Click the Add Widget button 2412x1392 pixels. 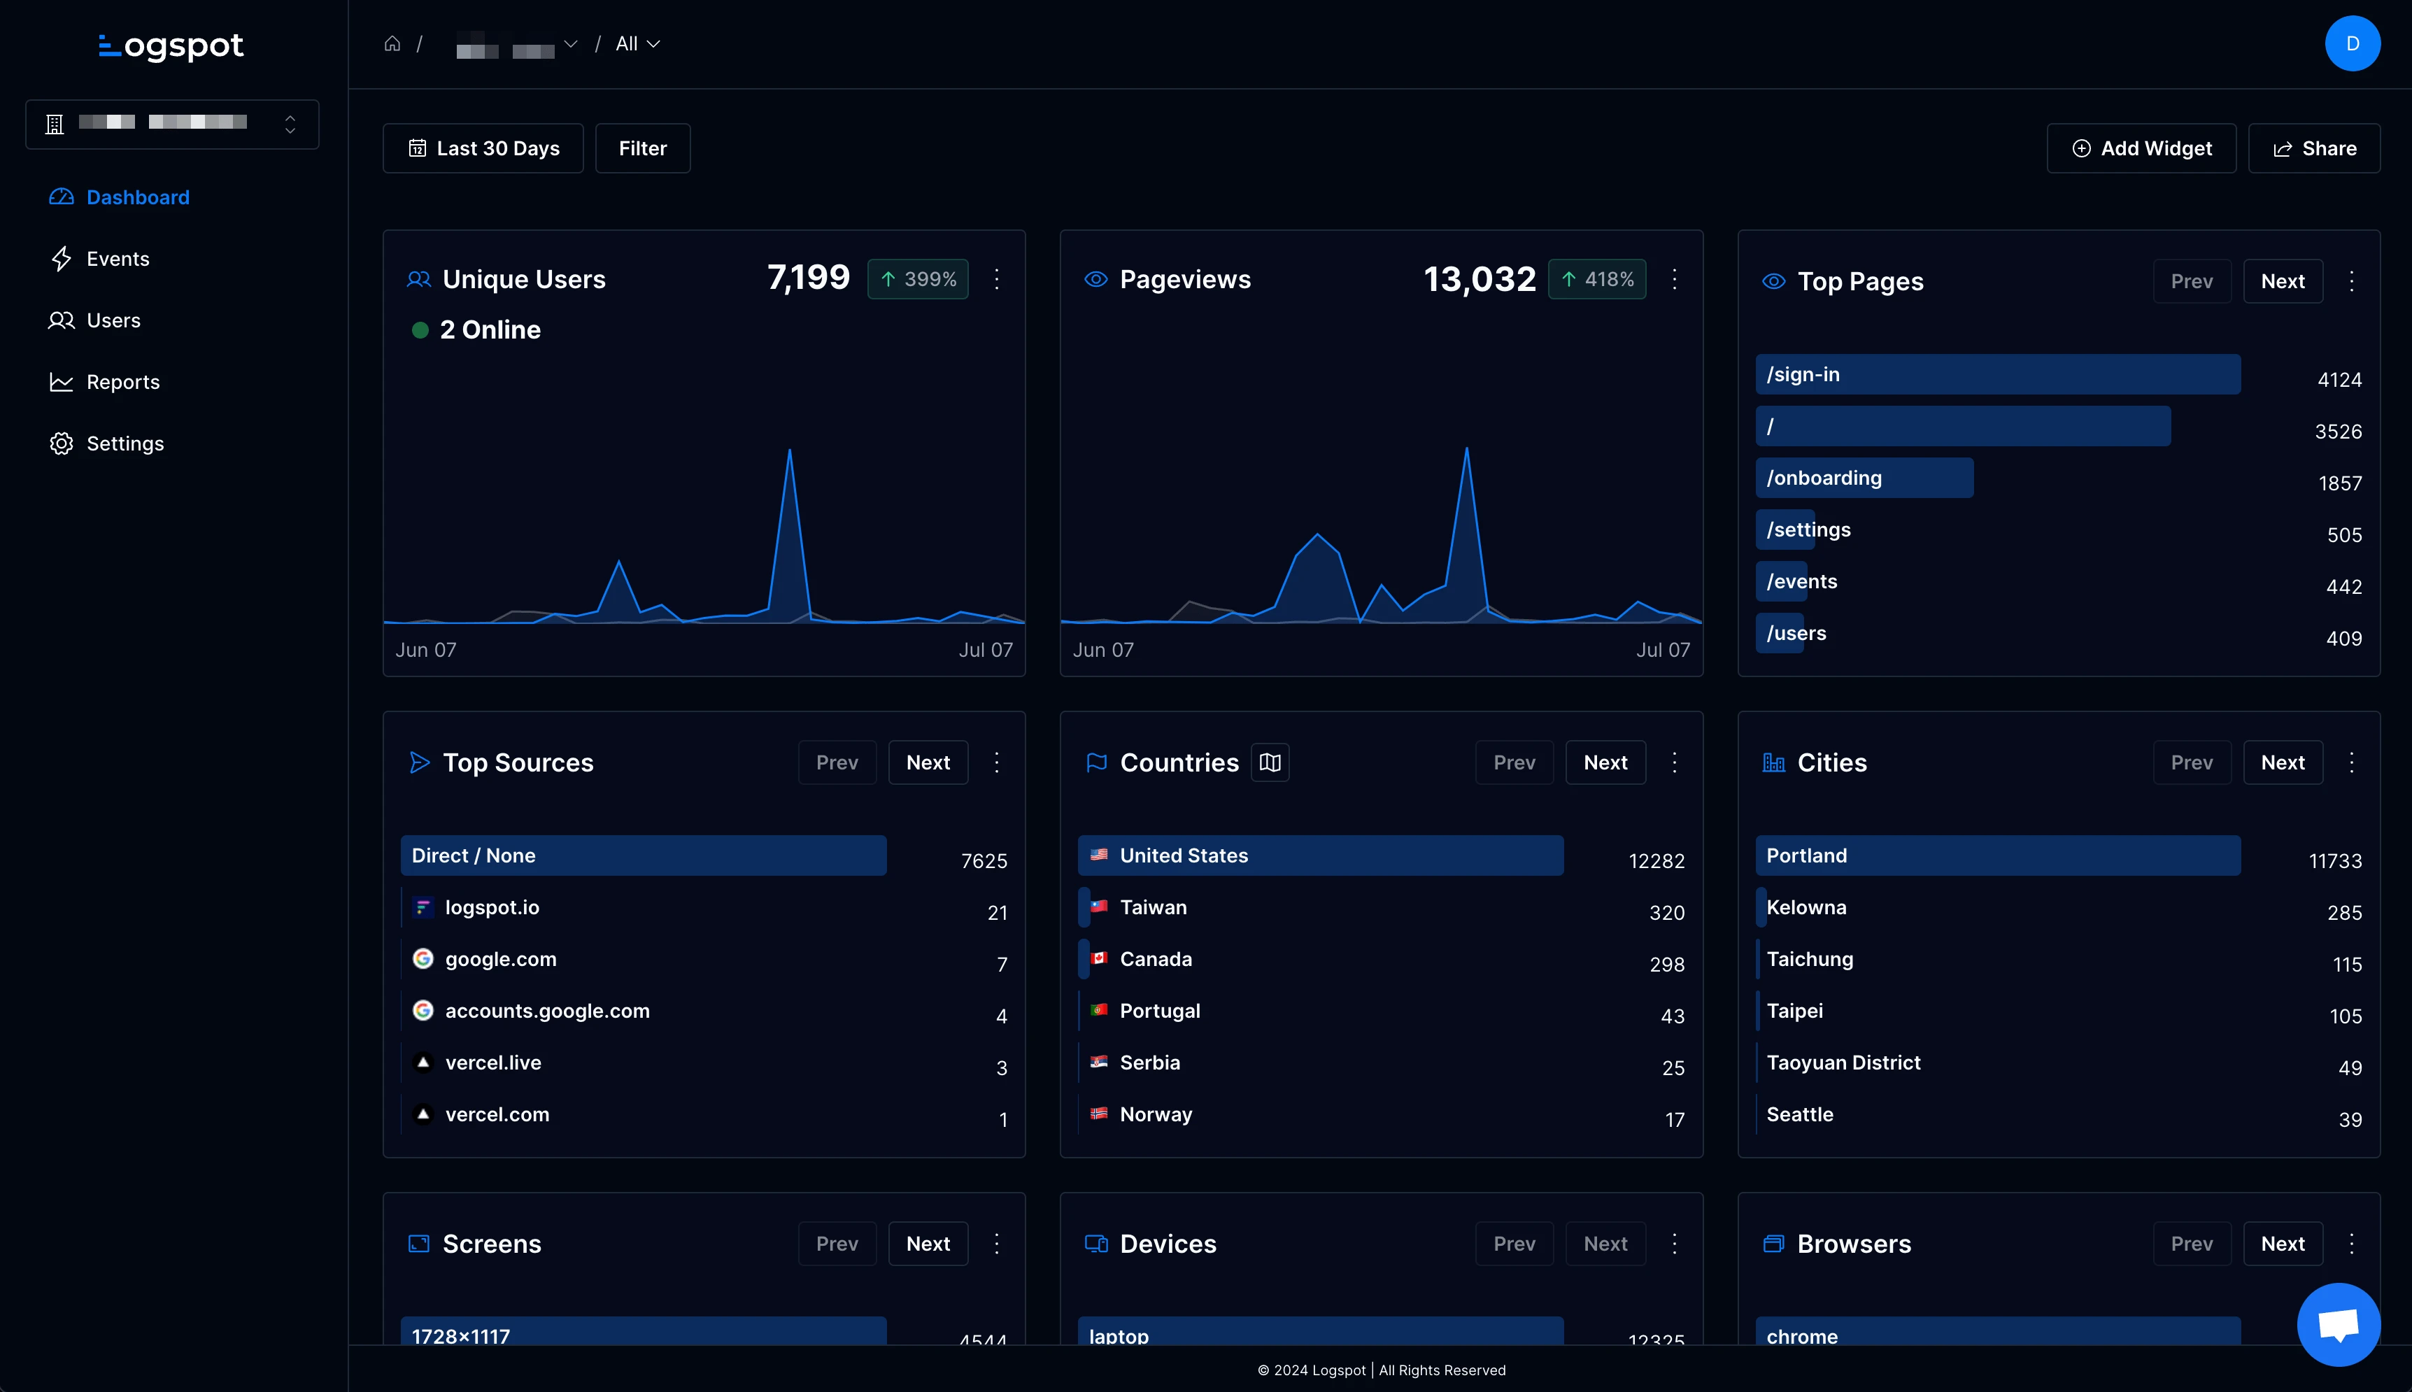(2141, 148)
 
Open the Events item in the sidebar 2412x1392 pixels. (117, 259)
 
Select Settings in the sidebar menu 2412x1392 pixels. (125, 443)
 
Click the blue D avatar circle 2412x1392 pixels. (2352, 44)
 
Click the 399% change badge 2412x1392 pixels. (918, 279)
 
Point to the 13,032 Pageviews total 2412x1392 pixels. (1479, 279)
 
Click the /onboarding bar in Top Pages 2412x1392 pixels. (1864, 478)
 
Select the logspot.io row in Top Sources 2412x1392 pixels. (491, 907)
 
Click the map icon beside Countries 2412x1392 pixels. (1270, 763)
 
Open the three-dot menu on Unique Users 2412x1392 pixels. (996, 279)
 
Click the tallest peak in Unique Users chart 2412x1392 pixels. (788, 451)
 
